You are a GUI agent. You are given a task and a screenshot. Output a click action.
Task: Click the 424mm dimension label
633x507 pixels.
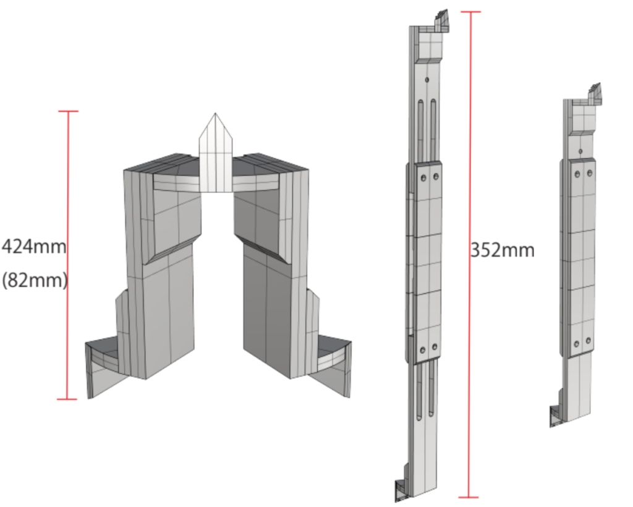tap(34, 247)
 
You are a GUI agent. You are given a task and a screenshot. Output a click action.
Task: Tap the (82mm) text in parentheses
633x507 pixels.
tap(35, 279)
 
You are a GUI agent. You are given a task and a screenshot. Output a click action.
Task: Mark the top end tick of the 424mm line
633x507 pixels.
tap(68, 111)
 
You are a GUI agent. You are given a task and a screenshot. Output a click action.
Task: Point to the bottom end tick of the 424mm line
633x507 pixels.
tap(67, 399)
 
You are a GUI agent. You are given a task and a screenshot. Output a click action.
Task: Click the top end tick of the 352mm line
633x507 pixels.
tap(470, 12)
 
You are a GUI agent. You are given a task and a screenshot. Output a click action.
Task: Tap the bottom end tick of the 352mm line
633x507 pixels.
tap(469, 497)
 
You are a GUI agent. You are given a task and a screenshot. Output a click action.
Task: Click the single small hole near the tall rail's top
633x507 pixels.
tap(427, 80)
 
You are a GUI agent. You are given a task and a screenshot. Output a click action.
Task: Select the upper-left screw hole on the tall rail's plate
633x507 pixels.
tap(423, 177)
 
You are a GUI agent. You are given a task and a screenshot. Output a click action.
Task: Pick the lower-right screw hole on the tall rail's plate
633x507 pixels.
tap(435, 347)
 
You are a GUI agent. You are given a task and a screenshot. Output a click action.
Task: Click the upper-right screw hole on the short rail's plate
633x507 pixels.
tap(590, 173)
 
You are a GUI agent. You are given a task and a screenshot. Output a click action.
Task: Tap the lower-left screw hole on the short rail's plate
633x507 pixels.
tap(577, 344)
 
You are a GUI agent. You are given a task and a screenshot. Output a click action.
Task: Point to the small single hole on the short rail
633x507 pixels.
tap(580, 151)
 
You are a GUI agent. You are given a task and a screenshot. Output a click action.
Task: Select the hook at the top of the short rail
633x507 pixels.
tap(595, 93)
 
